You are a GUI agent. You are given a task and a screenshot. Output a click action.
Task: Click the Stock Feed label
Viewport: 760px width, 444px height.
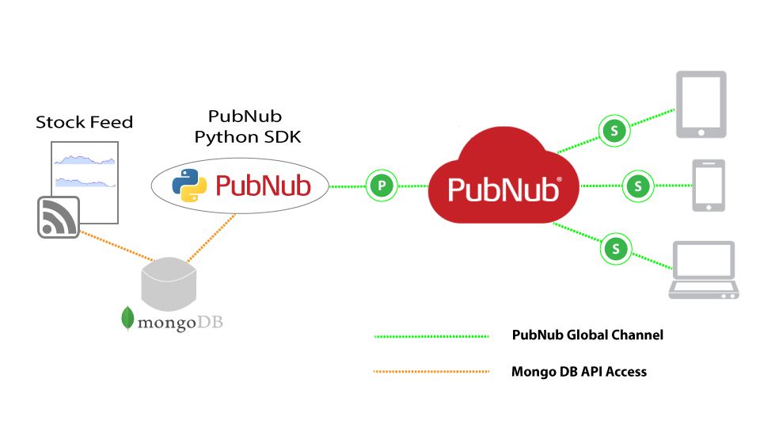point(85,122)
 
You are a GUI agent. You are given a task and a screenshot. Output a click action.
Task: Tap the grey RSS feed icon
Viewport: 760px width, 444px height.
point(59,217)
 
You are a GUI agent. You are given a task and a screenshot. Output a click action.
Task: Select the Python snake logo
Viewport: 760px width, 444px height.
point(189,186)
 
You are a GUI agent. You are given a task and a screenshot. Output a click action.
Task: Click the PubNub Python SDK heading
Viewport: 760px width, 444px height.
point(247,126)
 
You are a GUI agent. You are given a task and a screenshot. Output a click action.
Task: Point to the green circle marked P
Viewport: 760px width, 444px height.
point(382,186)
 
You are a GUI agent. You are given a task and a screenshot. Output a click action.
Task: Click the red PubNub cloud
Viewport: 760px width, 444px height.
point(503,178)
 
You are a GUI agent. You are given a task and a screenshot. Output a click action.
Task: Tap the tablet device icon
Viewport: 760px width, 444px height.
point(701,105)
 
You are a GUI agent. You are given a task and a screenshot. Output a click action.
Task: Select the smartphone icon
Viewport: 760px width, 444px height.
point(709,186)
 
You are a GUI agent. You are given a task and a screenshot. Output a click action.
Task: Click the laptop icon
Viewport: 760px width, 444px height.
point(704,270)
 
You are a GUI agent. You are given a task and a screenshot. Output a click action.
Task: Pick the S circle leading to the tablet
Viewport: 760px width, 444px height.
point(614,131)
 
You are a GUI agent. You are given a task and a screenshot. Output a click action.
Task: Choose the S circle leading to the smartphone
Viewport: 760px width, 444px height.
point(638,186)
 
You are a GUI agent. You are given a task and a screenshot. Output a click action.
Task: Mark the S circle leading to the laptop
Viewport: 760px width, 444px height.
point(616,250)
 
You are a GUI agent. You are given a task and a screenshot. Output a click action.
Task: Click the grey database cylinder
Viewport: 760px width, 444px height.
point(169,285)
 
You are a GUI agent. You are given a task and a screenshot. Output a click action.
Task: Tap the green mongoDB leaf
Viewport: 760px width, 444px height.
point(127,318)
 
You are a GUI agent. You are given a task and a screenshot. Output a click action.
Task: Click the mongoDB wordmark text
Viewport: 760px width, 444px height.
point(180,323)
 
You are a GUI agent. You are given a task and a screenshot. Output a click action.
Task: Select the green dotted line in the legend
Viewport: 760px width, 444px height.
point(431,336)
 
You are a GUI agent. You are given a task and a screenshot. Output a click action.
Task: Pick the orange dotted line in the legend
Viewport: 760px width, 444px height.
point(431,372)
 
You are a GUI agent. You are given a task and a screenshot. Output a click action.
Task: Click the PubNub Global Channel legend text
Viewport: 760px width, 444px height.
point(587,335)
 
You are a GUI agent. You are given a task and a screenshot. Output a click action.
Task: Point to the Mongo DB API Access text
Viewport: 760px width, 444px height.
point(579,372)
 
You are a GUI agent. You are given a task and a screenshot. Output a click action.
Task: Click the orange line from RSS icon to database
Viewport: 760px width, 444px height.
point(116,246)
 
